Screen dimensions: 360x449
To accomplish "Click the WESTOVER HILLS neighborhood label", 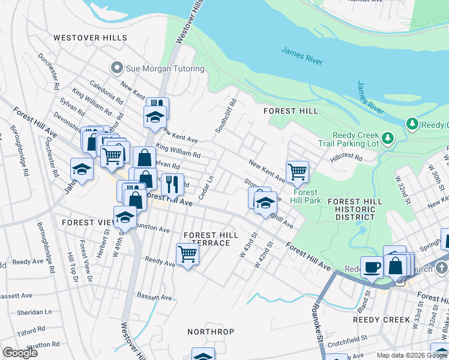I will (91, 37).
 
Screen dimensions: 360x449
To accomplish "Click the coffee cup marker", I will (372, 266).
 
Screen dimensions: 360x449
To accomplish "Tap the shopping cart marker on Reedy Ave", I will (188, 254).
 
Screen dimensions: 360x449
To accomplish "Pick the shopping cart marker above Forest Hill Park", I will (297, 172).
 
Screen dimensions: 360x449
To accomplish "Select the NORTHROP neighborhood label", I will (210, 332).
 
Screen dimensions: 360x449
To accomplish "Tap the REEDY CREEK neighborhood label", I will (381, 320).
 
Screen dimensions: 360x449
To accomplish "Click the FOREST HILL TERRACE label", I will (206, 239).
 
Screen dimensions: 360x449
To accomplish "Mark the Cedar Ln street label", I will (206, 187).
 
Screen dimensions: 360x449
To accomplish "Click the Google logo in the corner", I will (20, 352).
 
